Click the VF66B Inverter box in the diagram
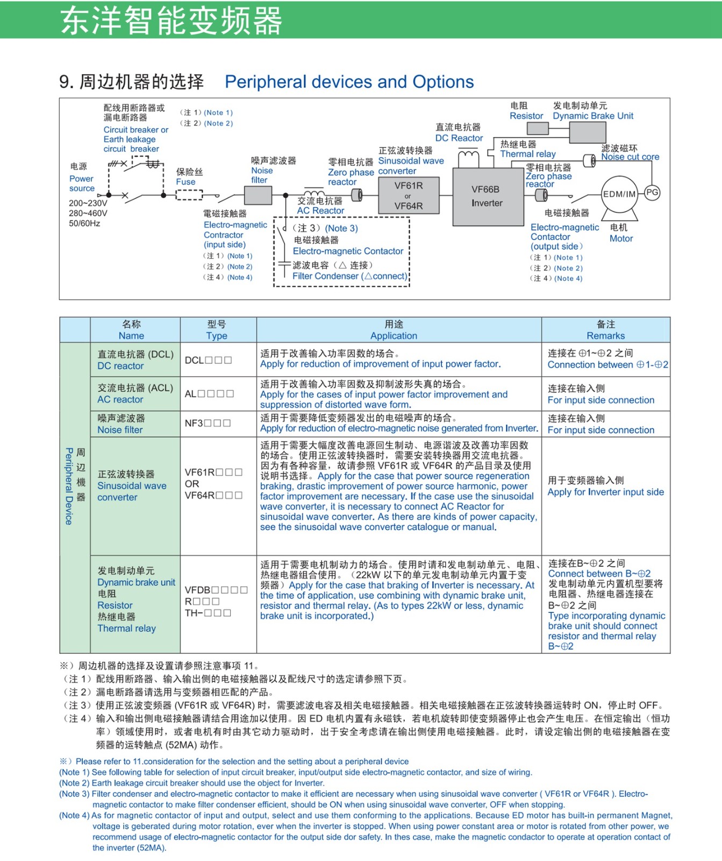coord(488,196)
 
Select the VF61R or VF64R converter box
coord(409,195)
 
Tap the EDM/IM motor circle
coord(619,194)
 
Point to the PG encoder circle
coord(652,193)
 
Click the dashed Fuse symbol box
coord(189,195)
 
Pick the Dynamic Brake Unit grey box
coord(587,132)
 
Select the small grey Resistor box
coord(538,128)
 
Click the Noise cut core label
coord(630,157)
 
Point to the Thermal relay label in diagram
coord(528,154)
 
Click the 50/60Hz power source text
coord(84,223)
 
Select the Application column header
coord(394,336)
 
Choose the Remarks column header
coord(606,336)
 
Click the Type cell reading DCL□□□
coord(208,360)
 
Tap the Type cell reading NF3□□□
coord(208,423)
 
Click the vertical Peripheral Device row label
coord(69,486)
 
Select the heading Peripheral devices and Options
coord(349,82)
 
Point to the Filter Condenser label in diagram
coord(349,276)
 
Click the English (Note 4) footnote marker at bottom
coord(74,815)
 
